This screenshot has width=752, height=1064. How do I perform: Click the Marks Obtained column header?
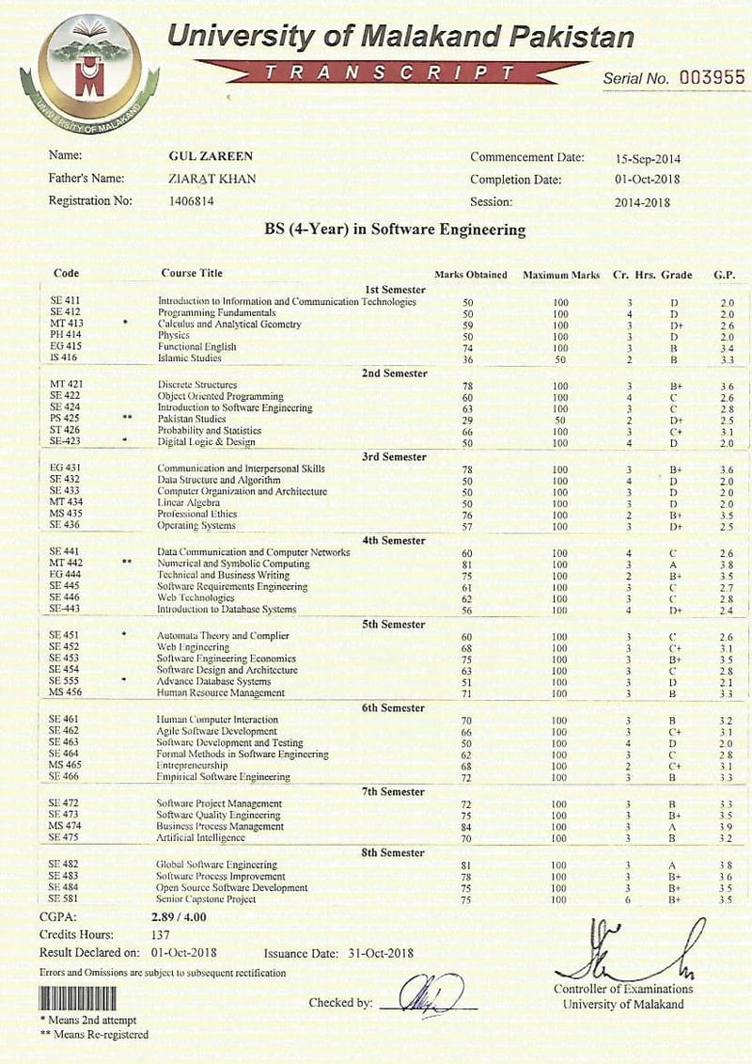pyautogui.click(x=470, y=275)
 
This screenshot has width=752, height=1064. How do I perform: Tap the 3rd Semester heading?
pyautogui.click(x=394, y=456)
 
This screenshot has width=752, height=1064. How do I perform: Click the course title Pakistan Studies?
pyautogui.click(x=192, y=419)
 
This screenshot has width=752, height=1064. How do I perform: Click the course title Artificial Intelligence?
pyautogui.click(x=200, y=837)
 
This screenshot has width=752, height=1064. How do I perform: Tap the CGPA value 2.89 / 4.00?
pyautogui.click(x=179, y=916)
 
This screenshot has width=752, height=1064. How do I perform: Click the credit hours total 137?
pyautogui.click(x=161, y=934)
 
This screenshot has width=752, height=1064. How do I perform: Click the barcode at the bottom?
pyautogui.click(x=77, y=998)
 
